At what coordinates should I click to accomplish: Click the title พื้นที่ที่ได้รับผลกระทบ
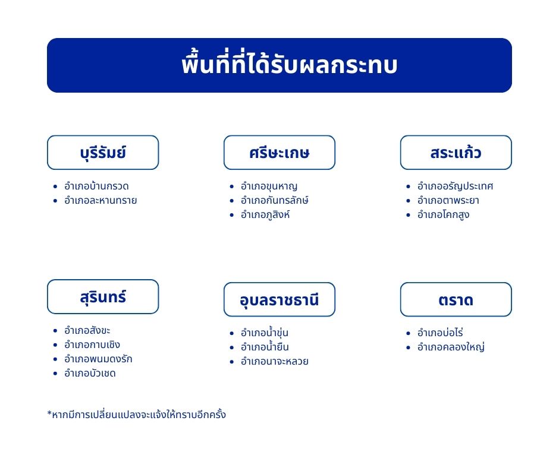coord(289,65)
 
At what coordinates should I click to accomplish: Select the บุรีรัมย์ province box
coord(103,153)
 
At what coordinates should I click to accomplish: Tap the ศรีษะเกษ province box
coord(279,153)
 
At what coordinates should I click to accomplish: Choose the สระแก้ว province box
coord(456,153)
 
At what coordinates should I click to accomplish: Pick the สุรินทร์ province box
coord(103,297)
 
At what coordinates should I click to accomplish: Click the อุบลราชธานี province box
coord(279,299)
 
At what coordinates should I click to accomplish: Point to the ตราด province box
coord(456,299)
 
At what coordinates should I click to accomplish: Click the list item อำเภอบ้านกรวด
coord(96,186)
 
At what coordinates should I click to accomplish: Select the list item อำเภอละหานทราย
coord(101,201)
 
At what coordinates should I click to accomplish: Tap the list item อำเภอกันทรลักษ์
coord(275,200)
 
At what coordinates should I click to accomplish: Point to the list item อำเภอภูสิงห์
coord(265,215)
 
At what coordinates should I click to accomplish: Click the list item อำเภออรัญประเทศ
coord(456,186)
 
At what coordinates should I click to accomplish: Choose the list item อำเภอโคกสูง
coord(443,215)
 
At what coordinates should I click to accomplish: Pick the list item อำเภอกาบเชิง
coord(92,344)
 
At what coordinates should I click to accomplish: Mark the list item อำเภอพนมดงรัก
coord(98,359)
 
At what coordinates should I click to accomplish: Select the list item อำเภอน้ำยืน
coord(265,347)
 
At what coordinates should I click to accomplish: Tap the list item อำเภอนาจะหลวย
coord(275,361)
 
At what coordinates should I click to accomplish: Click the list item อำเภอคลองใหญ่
coord(451,347)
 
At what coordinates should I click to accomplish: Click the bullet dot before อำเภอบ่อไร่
coord(408,333)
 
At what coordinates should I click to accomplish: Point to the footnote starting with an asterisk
coord(137,415)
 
